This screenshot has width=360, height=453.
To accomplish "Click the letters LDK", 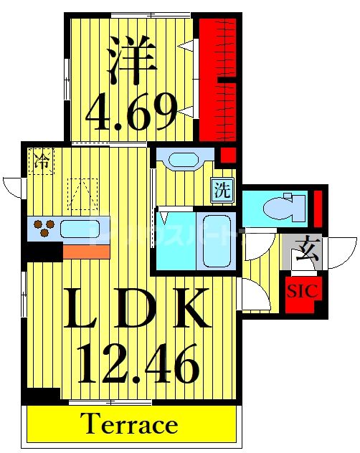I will pyautogui.click(x=136, y=309).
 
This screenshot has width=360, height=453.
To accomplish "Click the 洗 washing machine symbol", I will pyautogui.click(x=222, y=191).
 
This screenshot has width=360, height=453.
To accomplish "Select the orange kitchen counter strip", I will pyautogui.click(x=86, y=252).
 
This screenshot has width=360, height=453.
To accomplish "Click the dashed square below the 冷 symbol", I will pyautogui.click(x=82, y=194).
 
